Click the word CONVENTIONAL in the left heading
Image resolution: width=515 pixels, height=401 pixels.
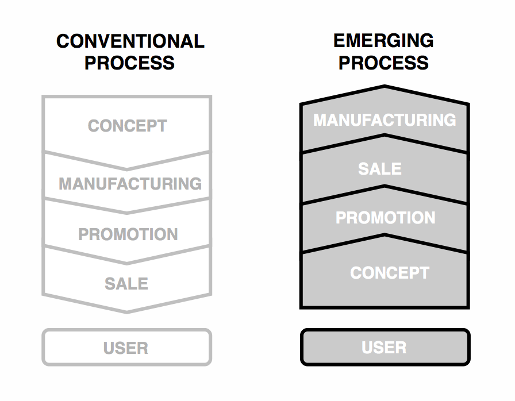(x=130, y=41)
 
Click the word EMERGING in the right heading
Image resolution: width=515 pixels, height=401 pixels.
(x=383, y=41)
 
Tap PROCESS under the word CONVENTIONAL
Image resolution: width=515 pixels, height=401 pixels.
(x=129, y=63)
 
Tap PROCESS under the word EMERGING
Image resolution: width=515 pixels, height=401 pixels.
(x=383, y=63)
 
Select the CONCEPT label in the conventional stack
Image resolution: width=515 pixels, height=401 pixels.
(x=128, y=126)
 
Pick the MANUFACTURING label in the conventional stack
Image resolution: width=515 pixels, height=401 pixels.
(x=130, y=183)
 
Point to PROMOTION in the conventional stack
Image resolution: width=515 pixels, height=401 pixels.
(x=128, y=234)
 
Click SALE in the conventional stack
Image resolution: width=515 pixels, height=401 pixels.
(x=126, y=284)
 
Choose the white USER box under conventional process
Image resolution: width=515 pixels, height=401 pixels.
(x=127, y=347)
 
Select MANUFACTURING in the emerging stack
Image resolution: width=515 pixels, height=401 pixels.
(x=385, y=119)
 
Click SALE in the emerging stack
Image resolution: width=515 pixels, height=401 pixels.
(x=380, y=169)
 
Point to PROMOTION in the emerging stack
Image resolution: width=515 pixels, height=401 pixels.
(x=385, y=218)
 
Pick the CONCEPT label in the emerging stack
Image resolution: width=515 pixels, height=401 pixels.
(x=390, y=273)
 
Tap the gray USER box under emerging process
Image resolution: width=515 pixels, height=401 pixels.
(x=385, y=347)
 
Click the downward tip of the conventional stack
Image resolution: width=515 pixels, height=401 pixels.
(x=127, y=312)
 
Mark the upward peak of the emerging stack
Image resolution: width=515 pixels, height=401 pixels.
(x=385, y=86)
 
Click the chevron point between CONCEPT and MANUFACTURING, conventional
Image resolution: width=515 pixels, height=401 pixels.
(x=127, y=169)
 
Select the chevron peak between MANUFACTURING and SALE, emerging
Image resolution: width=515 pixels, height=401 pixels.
(x=385, y=135)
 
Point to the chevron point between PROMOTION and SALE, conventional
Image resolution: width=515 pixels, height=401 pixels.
(x=127, y=263)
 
